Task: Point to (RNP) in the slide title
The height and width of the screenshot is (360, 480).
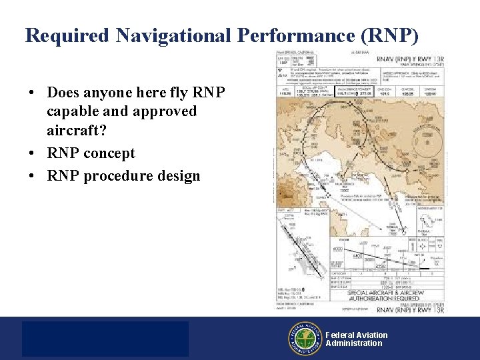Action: pyautogui.click(x=393, y=35)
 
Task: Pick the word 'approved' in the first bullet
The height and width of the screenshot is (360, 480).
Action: pyautogui.click(x=167, y=111)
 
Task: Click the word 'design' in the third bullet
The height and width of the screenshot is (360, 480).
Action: pyautogui.click(x=179, y=176)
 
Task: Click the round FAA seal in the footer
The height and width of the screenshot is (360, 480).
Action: pyautogui.click(x=305, y=339)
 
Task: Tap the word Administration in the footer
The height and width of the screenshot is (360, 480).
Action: pyautogui.click(x=354, y=344)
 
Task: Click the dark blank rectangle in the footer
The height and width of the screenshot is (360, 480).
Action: pyautogui.click(x=105, y=339)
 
